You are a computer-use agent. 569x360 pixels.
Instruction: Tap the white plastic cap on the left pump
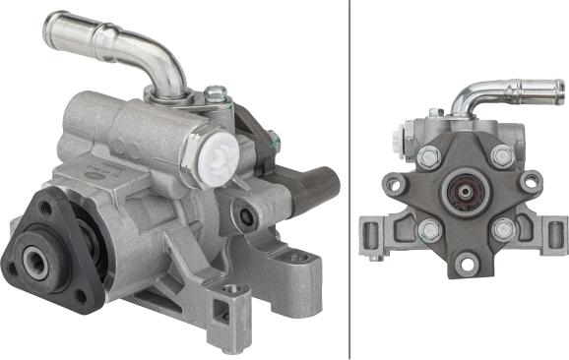click(x=221, y=157)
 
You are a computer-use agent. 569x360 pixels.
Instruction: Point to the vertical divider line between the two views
click(x=350, y=180)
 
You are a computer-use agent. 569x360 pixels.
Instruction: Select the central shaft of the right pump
click(x=463, y=193)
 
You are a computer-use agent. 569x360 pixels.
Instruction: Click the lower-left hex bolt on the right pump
click(x=428, y=231)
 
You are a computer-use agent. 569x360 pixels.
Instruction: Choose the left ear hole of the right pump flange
click(x=396, y=183)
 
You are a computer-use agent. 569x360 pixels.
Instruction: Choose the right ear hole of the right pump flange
click(x=532, y=182)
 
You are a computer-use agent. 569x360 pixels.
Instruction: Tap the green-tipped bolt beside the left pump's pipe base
click(x=215, y=96)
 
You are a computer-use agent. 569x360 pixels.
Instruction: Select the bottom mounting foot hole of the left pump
click(x=232, y=291)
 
